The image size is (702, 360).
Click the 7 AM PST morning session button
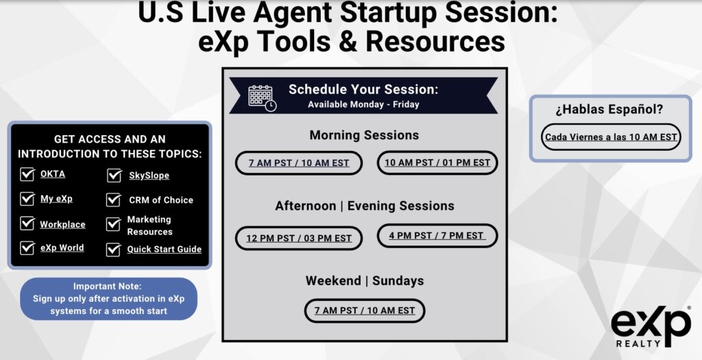pyautogui.click(x=299, y=163)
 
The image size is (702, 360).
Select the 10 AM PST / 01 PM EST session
pyautogui.click(x=437, y=163)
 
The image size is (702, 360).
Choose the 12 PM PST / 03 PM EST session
pyautogui.click(x=299, y=238)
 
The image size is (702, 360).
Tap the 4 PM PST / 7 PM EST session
pyautogui.click(x=437, y=235)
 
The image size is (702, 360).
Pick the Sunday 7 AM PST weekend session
pyautogui.click(x=365, y=311)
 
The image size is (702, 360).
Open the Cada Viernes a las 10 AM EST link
pyautogui.click(x=611, y=137)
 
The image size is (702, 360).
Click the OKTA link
pyautogui.click(x=53, y=173)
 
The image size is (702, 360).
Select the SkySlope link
pyautogui.click(x=149, y=176)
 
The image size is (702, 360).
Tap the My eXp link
pyautogui.click(x=56, y=199)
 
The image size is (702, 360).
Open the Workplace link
pyautogui.click(x=62, y=224)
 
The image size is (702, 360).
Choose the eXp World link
pyautogui.click(x=62, y=248)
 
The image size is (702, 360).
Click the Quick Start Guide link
pyautogui.click(x=165, y=249)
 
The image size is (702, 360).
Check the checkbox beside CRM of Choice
pyautogui.click(x=114, y=200)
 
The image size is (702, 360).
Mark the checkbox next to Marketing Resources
pyautogui.click(x=114, y=224)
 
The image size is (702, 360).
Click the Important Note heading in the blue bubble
pyautogui.click(x=108, y=286)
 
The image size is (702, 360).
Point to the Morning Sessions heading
pyautogui.click(x=364, y=135)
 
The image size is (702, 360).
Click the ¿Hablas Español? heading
pyautogui.click(x=609, y=109)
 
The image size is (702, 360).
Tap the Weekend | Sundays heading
pyautogui.click(x=365, y=280)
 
